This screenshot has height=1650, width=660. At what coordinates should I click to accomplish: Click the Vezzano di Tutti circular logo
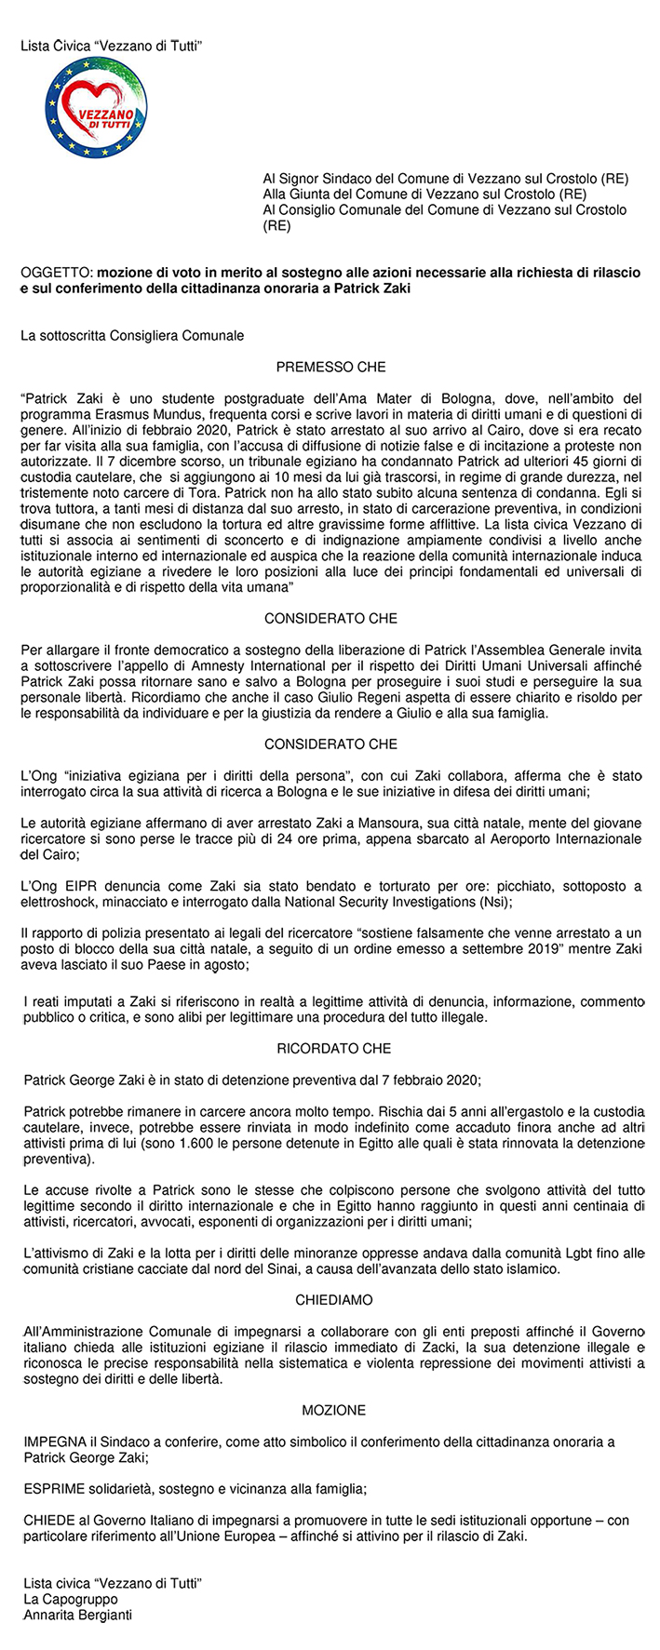pos(96,108)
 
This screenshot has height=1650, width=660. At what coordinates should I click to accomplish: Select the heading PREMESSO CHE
pos(330,367)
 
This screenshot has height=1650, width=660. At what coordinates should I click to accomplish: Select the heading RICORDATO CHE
pos(334,1048)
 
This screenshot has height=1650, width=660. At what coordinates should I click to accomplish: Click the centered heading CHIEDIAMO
pos(334,1299)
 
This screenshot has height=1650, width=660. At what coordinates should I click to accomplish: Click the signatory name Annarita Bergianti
pos(78,1615)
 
